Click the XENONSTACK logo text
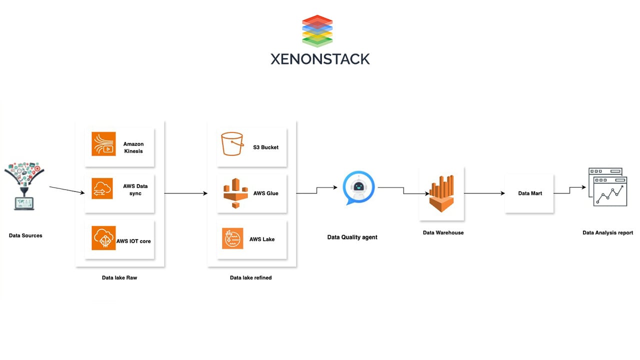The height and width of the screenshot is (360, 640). coord(320,59)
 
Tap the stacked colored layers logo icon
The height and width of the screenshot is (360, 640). coord(317,31)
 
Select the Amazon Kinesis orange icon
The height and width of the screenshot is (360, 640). coord(103,144)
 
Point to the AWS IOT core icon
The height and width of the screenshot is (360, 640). coord(103,238)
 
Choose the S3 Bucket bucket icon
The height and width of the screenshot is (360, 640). coord(232,144)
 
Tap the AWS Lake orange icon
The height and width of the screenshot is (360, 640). coord(232,238)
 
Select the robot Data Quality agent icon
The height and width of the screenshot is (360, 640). coord(358,188)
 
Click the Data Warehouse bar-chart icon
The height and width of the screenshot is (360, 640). coord(442,193)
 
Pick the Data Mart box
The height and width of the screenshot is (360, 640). coord(529,193)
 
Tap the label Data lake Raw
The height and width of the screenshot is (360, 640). coord(119,277)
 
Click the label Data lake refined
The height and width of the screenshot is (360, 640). coord(250,277)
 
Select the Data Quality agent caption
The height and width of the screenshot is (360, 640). coord(352,237)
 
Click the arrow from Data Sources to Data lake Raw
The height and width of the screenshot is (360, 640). coord(66,190)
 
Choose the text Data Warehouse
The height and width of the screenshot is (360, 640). coord(443,232)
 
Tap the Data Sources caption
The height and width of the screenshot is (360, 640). coord(25,235)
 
